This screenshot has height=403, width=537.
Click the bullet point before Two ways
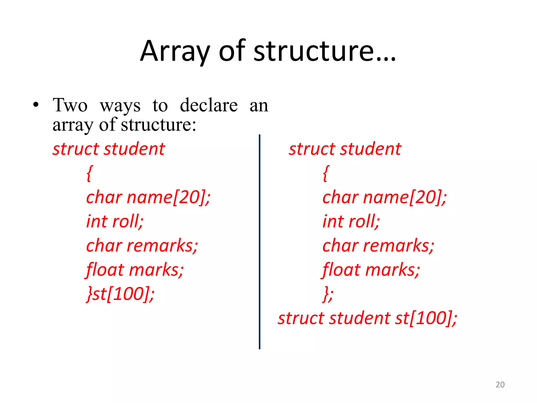pyautogui.click(x=36, y=105)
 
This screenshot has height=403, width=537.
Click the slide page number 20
pyautogui.click(x=500, y=385)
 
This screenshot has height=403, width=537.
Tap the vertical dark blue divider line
pyautogui.click(x=260, y=241)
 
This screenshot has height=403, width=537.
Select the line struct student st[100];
pyautogui.click(x=367, y=318)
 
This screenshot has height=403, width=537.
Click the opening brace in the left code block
pyautogui.click(x=89, y=173)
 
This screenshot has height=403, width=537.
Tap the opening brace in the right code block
pyautogui.click(x=325, y=173)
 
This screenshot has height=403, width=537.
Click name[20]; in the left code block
pyautogui.click(x=168, y=197)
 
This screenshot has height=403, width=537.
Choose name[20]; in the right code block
pyautogui.click(x=405, y=197)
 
